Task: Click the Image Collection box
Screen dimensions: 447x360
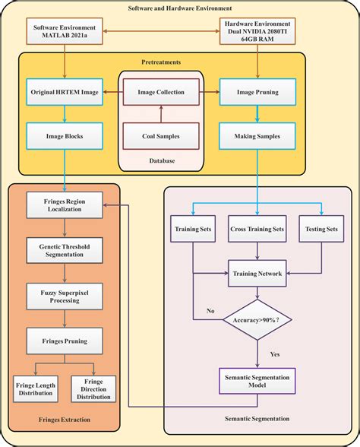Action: [160, 93]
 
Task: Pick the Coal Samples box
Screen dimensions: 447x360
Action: [160, 136]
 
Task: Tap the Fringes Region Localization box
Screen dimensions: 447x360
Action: [65, 205]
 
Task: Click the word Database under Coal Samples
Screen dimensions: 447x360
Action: [160, 161]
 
